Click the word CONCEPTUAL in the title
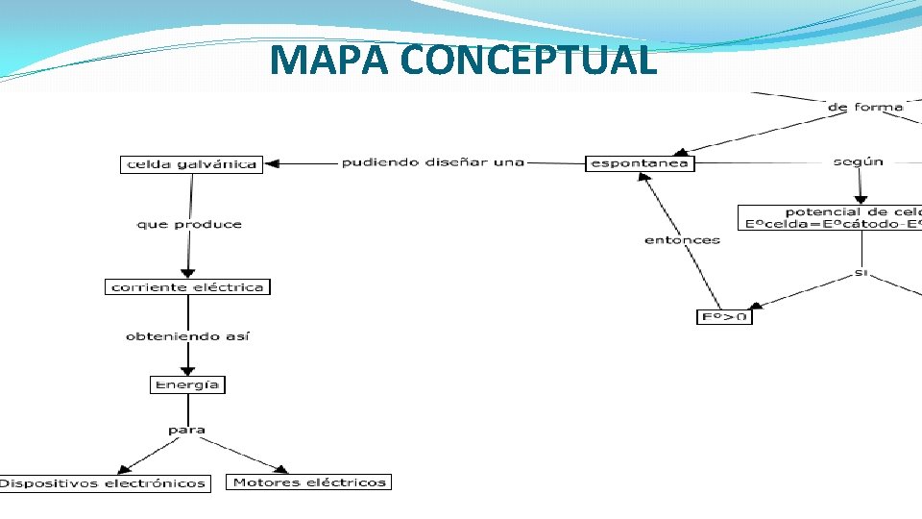click(x=529, y=60)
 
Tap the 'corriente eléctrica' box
click(x=187, y=287)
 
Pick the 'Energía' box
click(x=187, y=384)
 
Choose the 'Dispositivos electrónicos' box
click(x=103, y=483)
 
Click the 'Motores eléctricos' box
click(x=309, y=482)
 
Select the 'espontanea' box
click(x=640, y=163)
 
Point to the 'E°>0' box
click(x=724, y=316)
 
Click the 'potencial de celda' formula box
click(x=830, y=217)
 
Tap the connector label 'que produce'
click(x=189, y=225)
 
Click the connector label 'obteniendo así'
click(x=188, y=336)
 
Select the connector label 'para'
click(x=186, y=430)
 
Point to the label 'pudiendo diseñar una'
click(x=433, y=162)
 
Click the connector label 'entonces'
click(x=682, y=239)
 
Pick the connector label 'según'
click(x=858, y=162)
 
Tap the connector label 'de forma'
click(x=864, y=107)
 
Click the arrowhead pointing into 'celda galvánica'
click(x=272, y=164)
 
